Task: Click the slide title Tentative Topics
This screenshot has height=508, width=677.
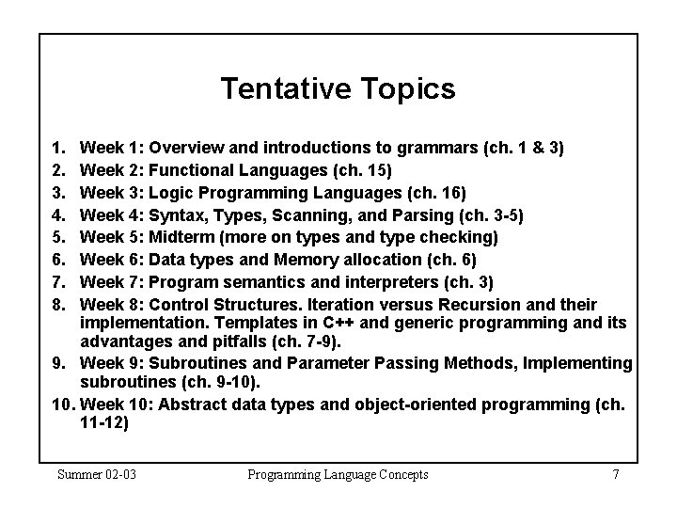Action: coord(338,88)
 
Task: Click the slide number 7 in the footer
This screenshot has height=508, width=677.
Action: coord(615,474)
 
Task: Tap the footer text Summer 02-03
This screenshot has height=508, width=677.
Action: coord(97,474)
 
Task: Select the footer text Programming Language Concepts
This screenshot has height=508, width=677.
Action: coord(338,474)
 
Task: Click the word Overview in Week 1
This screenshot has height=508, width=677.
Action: coord(184,147)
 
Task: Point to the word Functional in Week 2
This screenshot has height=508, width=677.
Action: coord(191,169)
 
